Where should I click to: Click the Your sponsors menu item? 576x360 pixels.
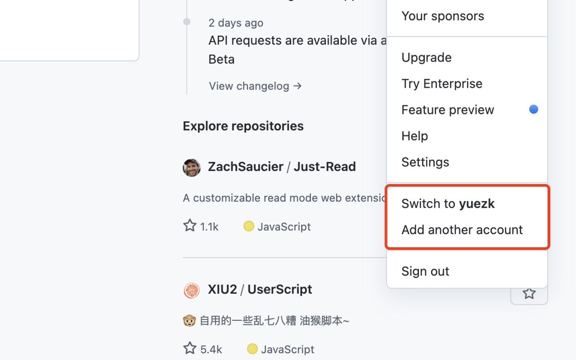tap(442, 16)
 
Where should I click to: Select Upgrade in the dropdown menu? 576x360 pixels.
tap(426, 58)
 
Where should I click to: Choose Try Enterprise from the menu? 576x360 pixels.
tap(441, 84)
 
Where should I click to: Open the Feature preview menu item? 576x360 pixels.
tap(447, 110)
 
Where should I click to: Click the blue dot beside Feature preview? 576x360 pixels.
tap(533, 109)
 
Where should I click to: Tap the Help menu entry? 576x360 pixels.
tap(414, 136)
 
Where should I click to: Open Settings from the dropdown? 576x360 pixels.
tap(425, 162)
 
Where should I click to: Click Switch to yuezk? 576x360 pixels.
tap(448, 204)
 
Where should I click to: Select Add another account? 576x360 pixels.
tap(462, 230)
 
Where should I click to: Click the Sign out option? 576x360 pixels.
tap(425, 271)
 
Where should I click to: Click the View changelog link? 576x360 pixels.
tap(255, 86)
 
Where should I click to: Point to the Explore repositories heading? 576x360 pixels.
tap(243, 126)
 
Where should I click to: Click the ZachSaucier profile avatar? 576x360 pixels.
tap(192, 167)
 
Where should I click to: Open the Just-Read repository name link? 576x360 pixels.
tap(324, 167)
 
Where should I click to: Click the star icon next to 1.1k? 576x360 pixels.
tap(190, 225)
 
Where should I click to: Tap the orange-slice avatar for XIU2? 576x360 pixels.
tap(192, 290)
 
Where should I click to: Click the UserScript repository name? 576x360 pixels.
tap(279, 289)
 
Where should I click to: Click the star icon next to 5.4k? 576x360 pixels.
tap(190, 348)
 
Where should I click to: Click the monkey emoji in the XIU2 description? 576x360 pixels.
tap(189, 321)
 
